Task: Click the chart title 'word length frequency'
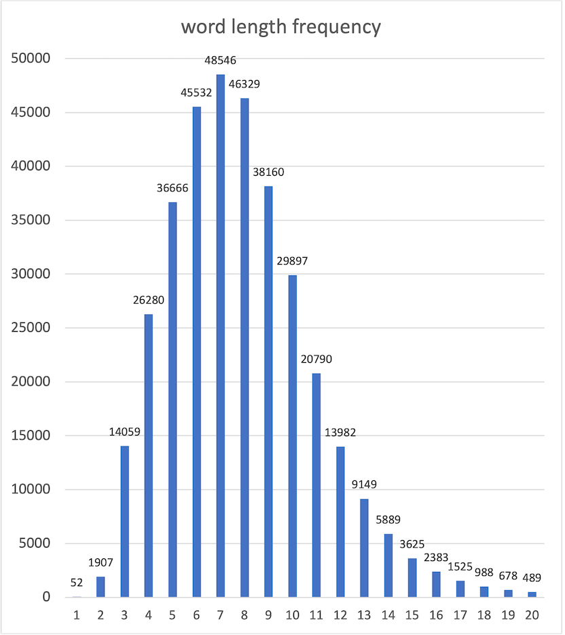coord(280,27)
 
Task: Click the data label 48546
coord(220,61)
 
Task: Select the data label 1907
coord(101,563)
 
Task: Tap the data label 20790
coord(316,360)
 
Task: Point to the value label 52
coord(76,582)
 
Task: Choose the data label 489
coord(532,579)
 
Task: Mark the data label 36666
coord(172,189)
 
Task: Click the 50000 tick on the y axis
coord(32,58)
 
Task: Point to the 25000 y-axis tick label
coord(32,328)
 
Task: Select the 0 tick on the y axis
coord(46,597)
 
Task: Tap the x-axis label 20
coord(532,615)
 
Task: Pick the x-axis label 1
coord(76,615)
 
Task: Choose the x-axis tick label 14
coord(388,615)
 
